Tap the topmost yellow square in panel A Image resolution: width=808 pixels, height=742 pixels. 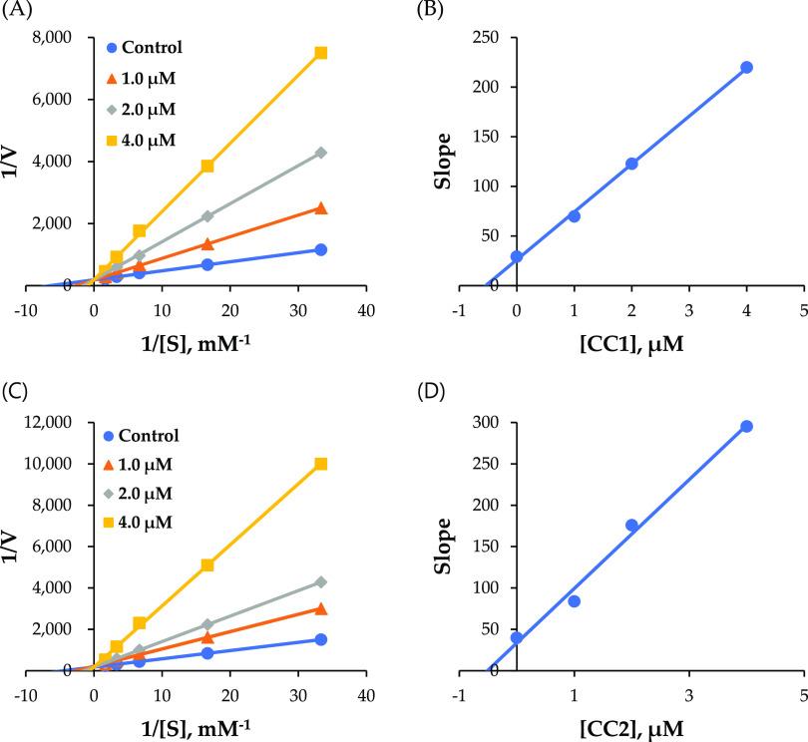click(321, 53)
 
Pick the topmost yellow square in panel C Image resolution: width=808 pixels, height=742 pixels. click(321, 464)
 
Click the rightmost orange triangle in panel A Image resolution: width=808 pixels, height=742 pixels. click(321, 207)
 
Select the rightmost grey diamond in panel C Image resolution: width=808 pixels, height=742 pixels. click(321, 581)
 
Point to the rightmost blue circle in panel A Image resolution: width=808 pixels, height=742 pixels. click(321, 249)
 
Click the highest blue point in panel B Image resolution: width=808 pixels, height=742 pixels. click(746, 67)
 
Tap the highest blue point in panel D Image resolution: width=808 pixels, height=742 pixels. click(746, 427)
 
